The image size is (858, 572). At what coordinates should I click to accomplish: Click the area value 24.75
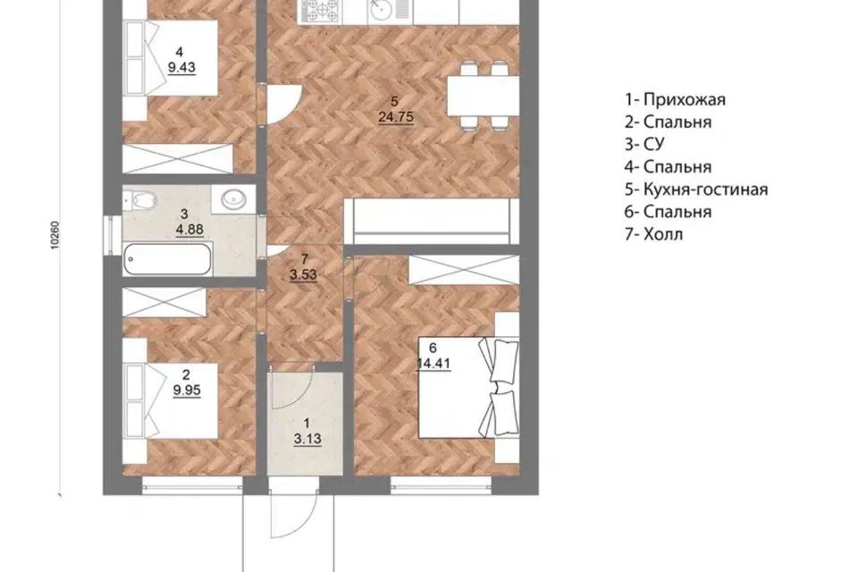click(x=396, y=117)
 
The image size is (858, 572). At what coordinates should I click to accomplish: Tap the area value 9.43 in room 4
click(x=181, y=68)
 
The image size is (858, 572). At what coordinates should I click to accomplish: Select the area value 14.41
click(x=433, y=364)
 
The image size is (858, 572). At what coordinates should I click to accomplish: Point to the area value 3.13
click(x=307, y=439)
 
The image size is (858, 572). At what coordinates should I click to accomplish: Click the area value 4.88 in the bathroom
click(x=189, y=230)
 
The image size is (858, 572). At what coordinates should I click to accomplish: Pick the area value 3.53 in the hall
click(x=303, y=274)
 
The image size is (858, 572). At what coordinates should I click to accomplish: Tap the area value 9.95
click(x=187, y=391)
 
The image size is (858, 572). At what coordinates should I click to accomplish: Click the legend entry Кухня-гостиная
click(x=705, y=189)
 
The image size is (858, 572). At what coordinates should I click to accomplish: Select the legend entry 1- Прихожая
click(x=676, y=99)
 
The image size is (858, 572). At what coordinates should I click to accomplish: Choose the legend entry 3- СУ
click(x=644, y=144)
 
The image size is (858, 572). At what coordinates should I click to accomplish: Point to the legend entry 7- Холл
click(x=654, y=234)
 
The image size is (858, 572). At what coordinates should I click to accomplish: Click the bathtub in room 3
click(x=167, y=259)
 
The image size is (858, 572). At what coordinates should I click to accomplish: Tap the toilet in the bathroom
click(x=140, y=200)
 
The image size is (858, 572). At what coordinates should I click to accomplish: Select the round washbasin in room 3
click(x=238, y=198)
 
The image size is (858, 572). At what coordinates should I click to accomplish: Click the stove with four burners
click(x=321, y=10)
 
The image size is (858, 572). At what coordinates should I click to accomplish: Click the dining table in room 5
click(x=484, y=96)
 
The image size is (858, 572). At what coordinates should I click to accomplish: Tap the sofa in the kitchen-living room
click(x=432, y=221)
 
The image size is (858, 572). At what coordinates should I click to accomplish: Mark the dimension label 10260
click(x=55, y=235)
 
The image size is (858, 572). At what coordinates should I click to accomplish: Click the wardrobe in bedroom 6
click(x=464, y=269)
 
